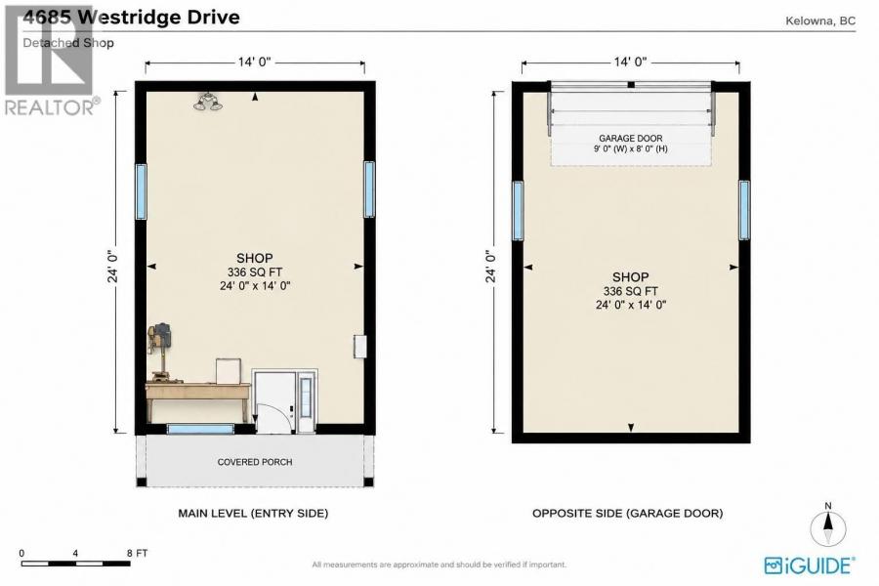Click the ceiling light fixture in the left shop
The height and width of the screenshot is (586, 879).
[x=207, y=102]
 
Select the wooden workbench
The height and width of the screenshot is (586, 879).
[x=198, y=399]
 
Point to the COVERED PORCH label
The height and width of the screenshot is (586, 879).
[x=255, y=462]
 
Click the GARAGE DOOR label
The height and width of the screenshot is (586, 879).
[x=631, y=138]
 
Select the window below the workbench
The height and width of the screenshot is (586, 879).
[x=200, y=429]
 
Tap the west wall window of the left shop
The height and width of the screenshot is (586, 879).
[x=141, y=191]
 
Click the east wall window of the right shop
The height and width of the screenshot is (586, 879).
[x=744, y=210]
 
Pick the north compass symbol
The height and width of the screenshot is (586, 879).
[x=828, y=527]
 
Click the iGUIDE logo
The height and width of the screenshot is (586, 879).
[x=810, y=565]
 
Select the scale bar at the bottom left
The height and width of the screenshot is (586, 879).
[x=75, y=563]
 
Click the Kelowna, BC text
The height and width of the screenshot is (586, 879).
[x=820, y=21]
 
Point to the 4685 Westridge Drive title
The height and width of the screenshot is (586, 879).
[x=131, y=17]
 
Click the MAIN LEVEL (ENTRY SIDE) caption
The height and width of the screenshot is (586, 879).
[x=253, y=513]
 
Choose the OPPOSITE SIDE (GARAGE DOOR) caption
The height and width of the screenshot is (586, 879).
[x=627, y=513]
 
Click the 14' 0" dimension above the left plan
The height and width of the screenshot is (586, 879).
[x=255, y=62]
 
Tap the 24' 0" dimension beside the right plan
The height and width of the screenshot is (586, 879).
[x=491, y=266]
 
